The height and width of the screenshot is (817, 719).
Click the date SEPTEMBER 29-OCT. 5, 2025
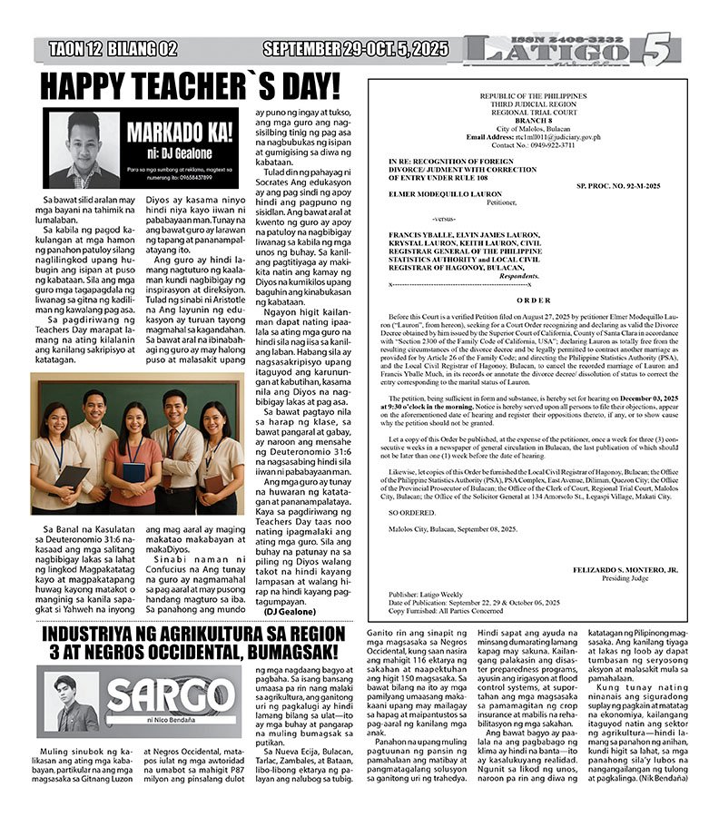pos(355,49)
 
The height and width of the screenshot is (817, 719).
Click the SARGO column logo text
pos(171,696)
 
